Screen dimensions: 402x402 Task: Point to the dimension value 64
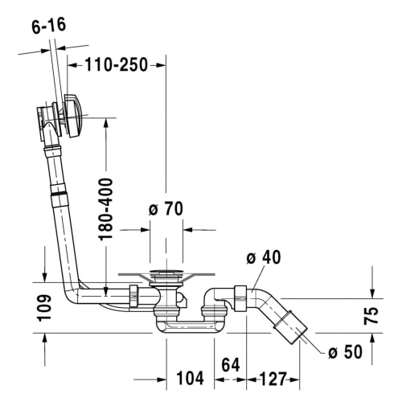[x=231, y=364]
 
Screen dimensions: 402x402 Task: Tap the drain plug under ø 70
[x=166, y=277]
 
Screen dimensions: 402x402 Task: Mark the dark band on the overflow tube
[x=57, y=195]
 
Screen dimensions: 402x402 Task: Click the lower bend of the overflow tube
[x=75, y=297]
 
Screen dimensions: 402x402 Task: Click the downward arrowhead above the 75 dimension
[x=371, y=293]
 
